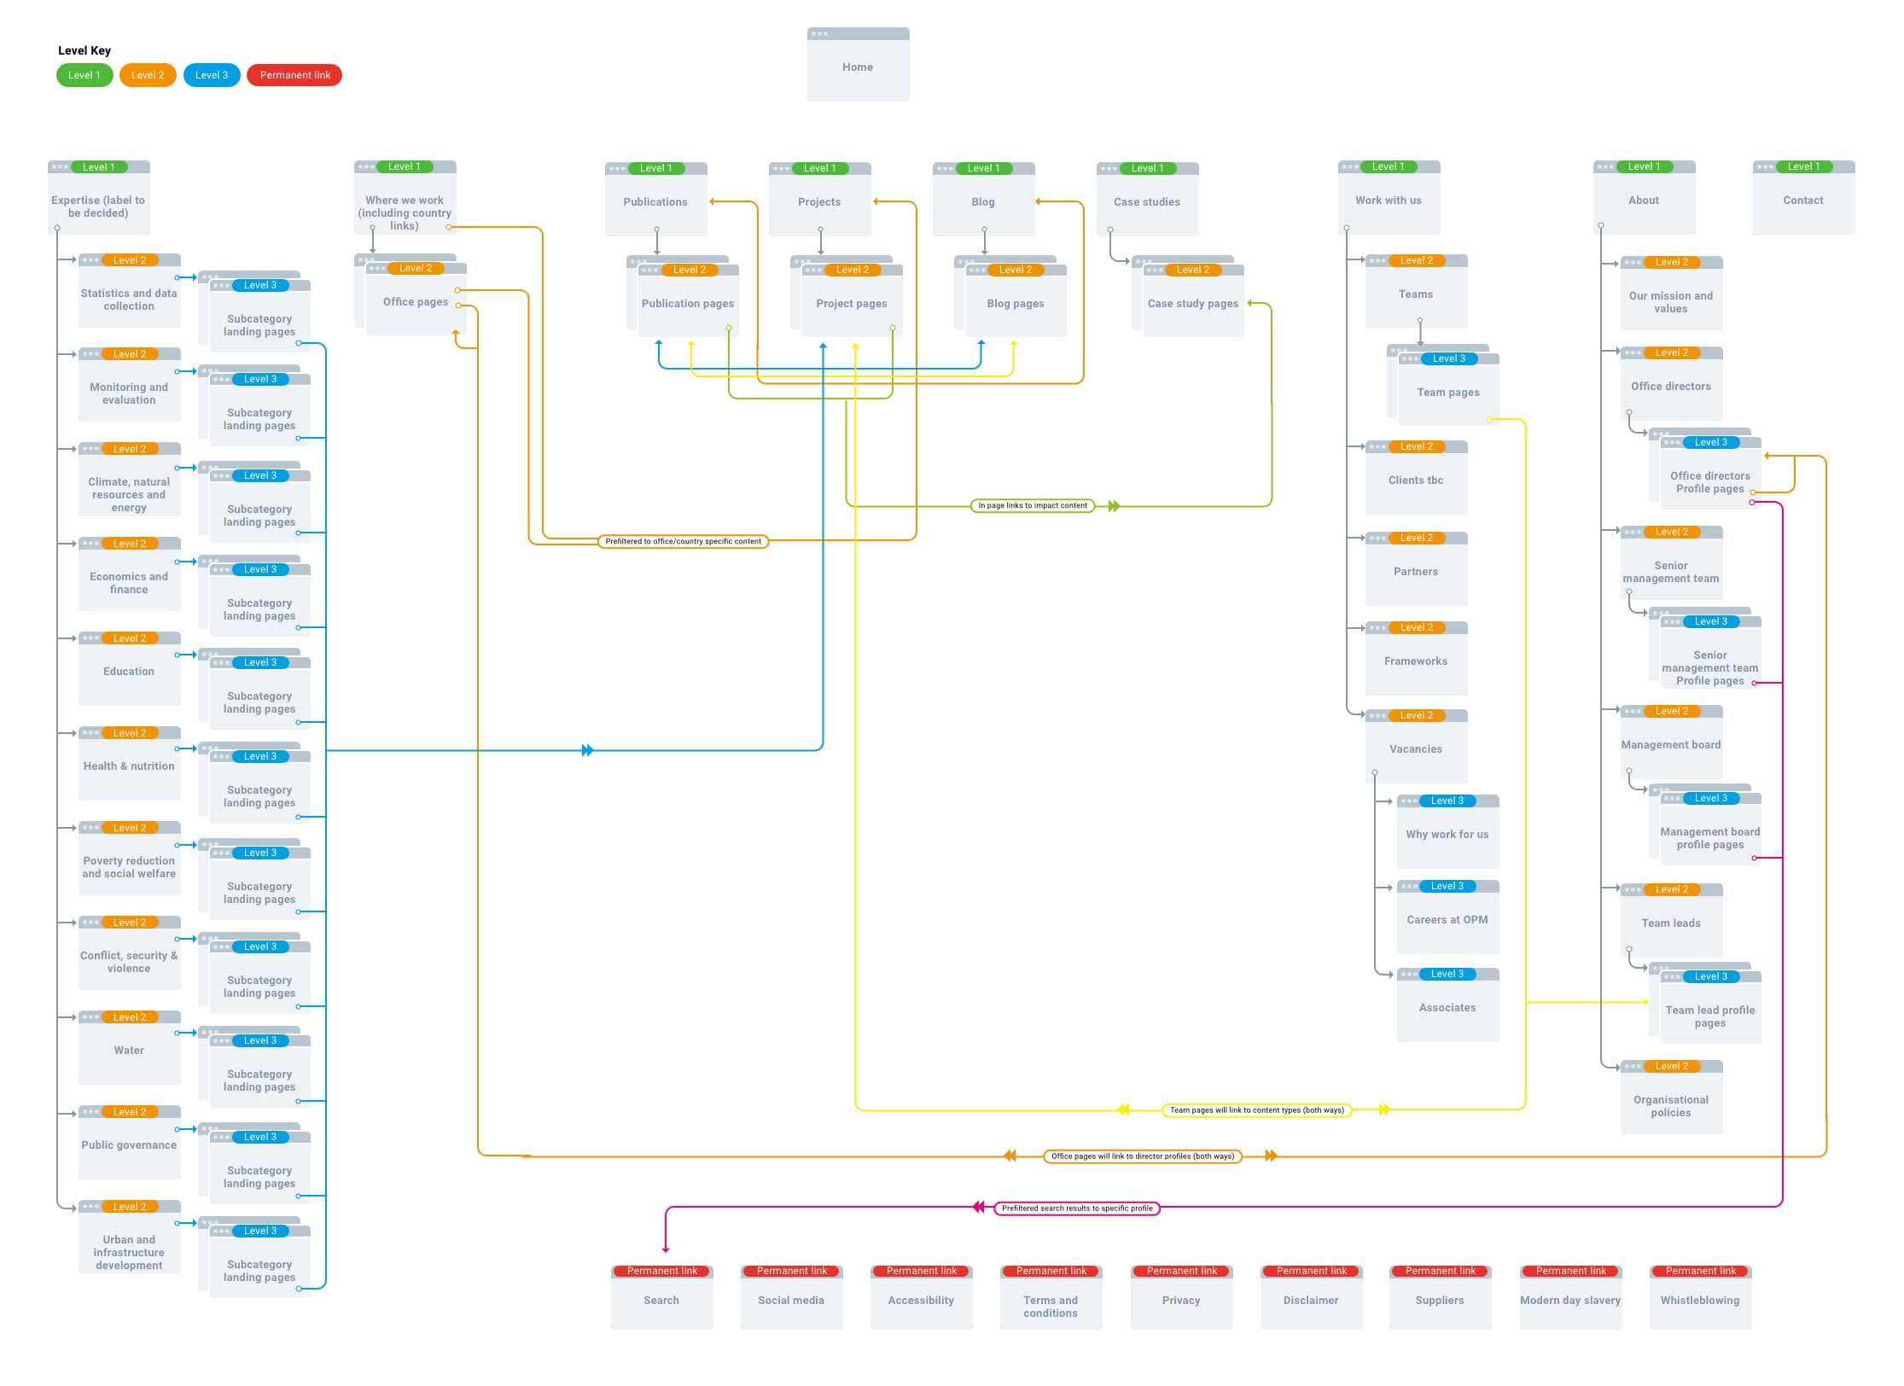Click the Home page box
point(858,66)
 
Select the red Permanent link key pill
point(294,75)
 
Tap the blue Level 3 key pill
point(211,75)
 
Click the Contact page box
point(1802,200)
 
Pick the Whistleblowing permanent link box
point(1699,1299)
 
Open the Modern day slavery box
point(1569,1299)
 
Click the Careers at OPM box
point(1447,919)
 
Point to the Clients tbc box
point(1415,480)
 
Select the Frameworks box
point(1415,661)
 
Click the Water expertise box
point(129,1050)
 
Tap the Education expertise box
point(129,671)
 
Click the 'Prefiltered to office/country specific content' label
point(683,541)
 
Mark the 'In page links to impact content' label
point(1032,505)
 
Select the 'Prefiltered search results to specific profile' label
point(1076,1208)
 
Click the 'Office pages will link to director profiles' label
point(1142,1156)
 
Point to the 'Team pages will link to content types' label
point(1256,1110)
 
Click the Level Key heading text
point(84,50)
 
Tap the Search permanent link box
point(661,1299)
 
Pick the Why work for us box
point(1447,834)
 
